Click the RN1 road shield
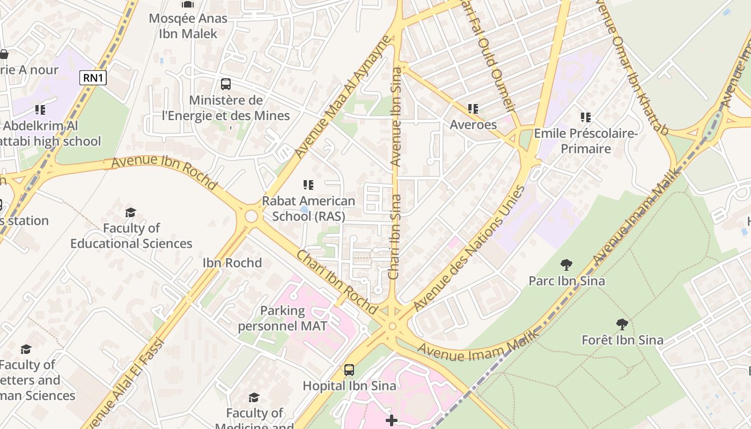point(93,78)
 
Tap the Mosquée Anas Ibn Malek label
point(188,26)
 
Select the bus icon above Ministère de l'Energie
point(226,84)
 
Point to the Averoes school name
point(473,124)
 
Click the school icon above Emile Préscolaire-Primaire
point(586,117)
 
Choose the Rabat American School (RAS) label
point(308,208)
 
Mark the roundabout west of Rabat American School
point(251,217)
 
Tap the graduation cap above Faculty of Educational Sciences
point(130,212)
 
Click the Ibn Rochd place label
point(232,263)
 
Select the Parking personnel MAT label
point(282,318)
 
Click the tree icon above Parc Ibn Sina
point(566,264)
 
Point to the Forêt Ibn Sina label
point(622,339)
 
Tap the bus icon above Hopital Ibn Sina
point(349,369)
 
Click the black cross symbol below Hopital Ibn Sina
point(392,420)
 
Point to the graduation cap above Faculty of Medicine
point(254,397)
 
